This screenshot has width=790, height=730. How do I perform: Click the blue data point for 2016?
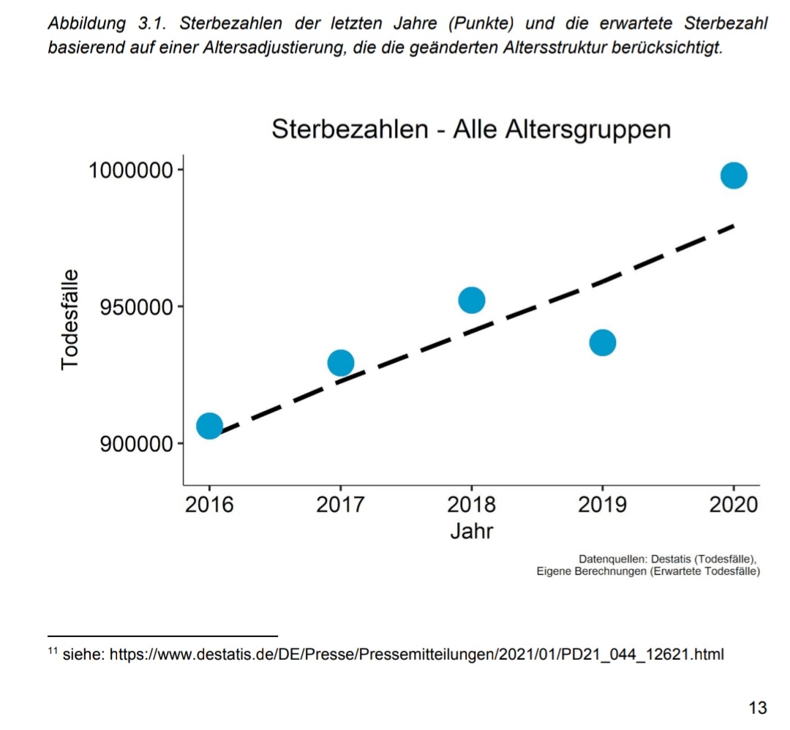(x=209, y=426)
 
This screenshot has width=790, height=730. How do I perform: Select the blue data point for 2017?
(x=340, y=362)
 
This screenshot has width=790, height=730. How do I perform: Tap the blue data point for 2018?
(x=472, y=300)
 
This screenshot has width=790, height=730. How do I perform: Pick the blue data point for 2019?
(x=603, y=342)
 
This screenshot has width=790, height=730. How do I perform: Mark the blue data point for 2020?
(x=734, y=176)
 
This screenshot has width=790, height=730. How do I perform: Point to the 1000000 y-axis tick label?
(x=131, y=170)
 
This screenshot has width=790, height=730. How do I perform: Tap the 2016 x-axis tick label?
(x=209, y=505)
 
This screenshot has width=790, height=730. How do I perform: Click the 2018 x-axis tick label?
(x=472, y=505)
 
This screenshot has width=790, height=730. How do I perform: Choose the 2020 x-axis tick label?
(x=734, y=505)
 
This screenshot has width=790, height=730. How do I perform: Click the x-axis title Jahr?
(x=472, y=530)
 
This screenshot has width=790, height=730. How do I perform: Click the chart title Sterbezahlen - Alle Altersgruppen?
(x=471, y=129)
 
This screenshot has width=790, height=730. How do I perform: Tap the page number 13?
(x=758, y=707)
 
